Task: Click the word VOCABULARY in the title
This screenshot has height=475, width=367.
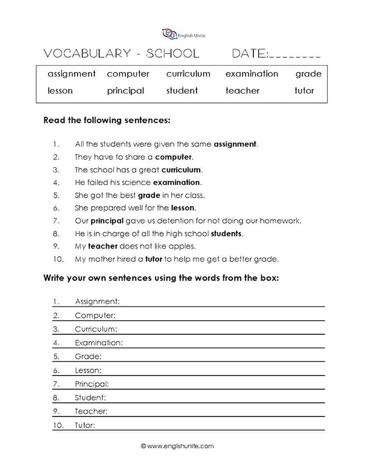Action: [84, 54]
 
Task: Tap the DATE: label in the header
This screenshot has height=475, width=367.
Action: [250, 54]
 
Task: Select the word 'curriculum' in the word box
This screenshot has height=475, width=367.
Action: [188, 74]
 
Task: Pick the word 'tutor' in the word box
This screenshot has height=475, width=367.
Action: [304, 90]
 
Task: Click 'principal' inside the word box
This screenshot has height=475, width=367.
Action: [126, 90]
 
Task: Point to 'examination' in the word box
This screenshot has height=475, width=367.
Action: [252, 74]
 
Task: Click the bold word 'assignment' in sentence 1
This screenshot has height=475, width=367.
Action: [235, 144]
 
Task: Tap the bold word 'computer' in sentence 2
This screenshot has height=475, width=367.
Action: [173, 157]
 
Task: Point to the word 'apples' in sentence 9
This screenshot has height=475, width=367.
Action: [185, 246]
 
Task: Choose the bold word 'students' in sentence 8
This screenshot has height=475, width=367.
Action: [226, 234]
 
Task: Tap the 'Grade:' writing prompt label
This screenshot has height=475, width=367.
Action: [88, 356]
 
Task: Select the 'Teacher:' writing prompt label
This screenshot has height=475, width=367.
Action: [91, 411]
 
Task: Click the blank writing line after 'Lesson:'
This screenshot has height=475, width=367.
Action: [212, 372]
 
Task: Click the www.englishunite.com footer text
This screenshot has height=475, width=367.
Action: [180, 446]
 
